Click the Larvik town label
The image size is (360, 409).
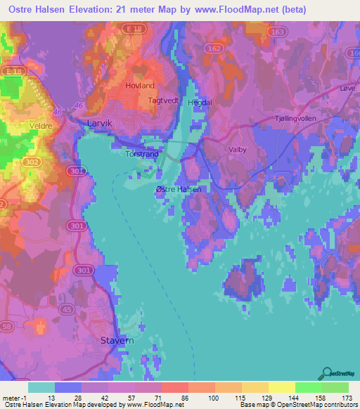click(99, 122)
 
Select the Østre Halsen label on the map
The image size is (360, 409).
click(179, 189)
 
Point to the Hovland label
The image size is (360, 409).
click(139, 85)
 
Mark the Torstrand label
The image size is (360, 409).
click(141, 152)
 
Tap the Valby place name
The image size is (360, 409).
click(238, 150)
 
